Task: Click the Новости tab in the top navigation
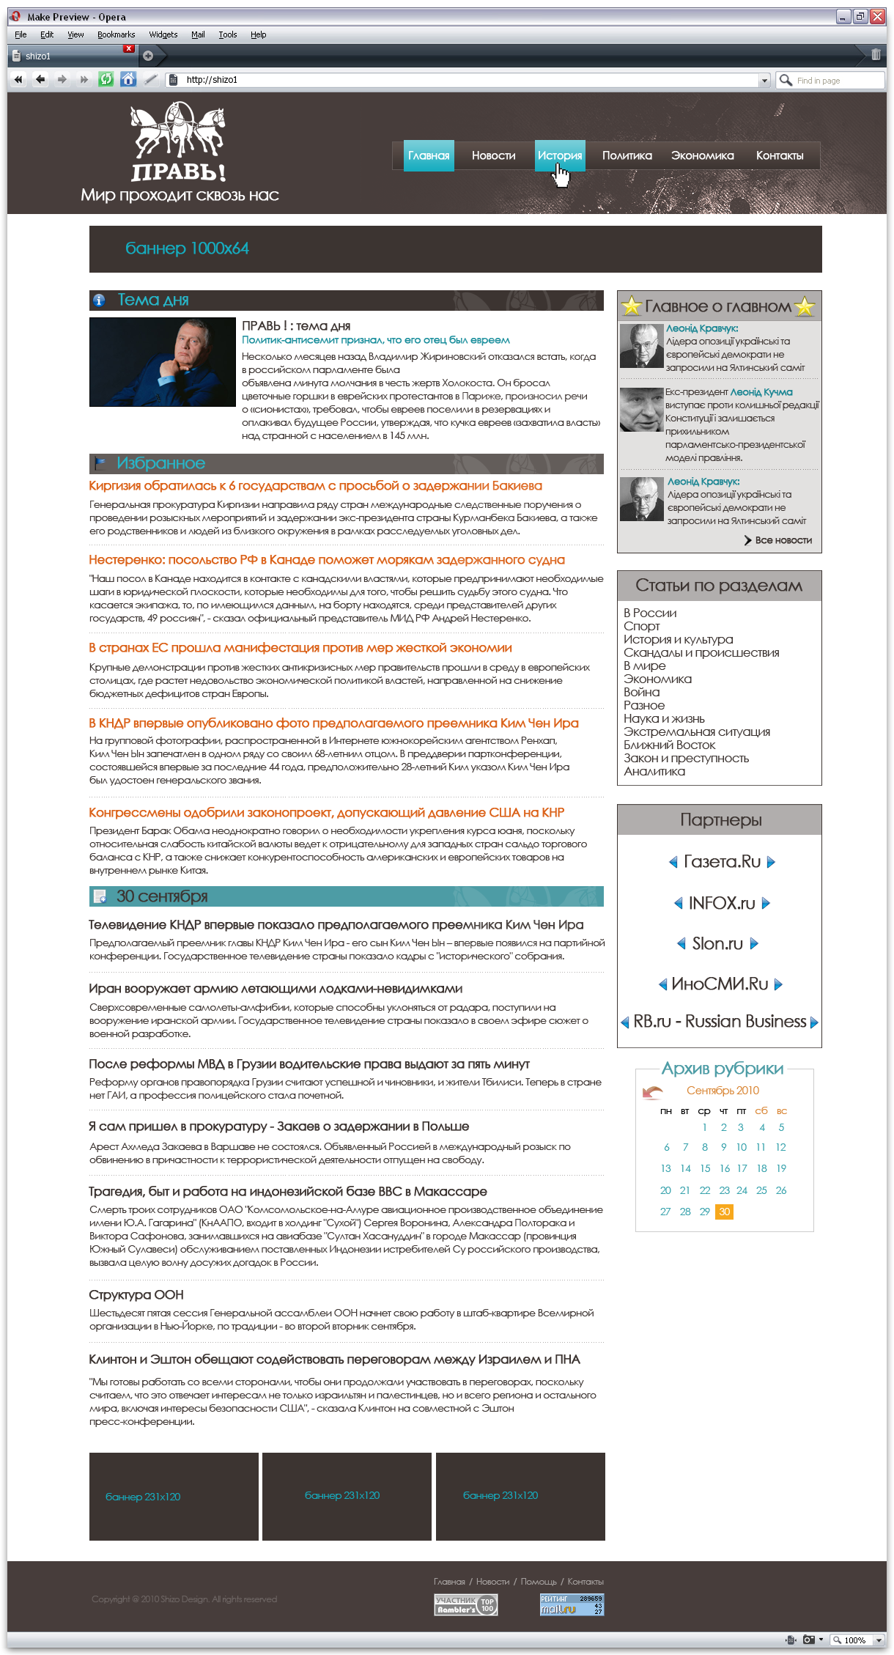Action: [493, 155]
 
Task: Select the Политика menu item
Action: [627, 155]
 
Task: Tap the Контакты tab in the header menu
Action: [779, 155]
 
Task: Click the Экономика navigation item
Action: [702, 155]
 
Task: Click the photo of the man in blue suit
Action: [162, 362]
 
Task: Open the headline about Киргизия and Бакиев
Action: [315, 486]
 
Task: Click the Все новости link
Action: [783, 540]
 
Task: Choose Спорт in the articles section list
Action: [641, 626]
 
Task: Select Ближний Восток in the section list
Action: [669, 745]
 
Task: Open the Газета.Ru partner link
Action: [721, 862]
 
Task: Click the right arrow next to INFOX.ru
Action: [766, 903]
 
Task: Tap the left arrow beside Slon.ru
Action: [681, 943]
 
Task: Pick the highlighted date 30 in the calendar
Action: [724, 1212]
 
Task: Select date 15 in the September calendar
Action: [705, 1168]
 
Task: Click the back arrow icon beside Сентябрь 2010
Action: [651, 1092]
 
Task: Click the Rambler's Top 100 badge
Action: [466, 1605]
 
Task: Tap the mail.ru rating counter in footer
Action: [572, 1604]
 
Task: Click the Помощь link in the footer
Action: [538, 1582]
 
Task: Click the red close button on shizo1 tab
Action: [129, 48]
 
